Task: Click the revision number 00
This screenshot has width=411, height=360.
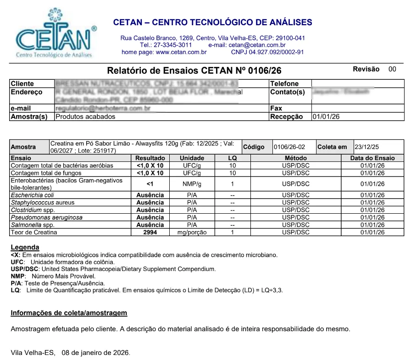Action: pos(392,69)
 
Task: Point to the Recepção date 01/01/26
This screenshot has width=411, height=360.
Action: pos(326,116)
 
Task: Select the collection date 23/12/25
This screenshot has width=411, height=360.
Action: pos(367,147)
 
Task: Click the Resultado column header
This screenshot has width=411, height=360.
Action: pos(150,158)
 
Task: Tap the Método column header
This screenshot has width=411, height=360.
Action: pos(296,158)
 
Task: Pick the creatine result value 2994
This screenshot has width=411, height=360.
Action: pos(150,233)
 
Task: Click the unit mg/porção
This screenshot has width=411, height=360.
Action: pos(192,233)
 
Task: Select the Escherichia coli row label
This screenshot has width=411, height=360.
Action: pos(32,195)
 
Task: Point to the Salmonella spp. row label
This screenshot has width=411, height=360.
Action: pos(33,225)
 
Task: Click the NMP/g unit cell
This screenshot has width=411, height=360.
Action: pos(192,184)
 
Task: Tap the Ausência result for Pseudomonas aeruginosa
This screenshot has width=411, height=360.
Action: pos(150,217)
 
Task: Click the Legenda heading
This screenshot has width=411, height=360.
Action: pos(25,248)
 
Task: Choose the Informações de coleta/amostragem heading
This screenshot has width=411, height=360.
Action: pos(69,313)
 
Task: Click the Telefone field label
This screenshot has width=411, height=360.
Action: pos(284,83)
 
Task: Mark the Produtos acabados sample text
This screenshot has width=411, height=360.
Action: pos(85,116)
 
